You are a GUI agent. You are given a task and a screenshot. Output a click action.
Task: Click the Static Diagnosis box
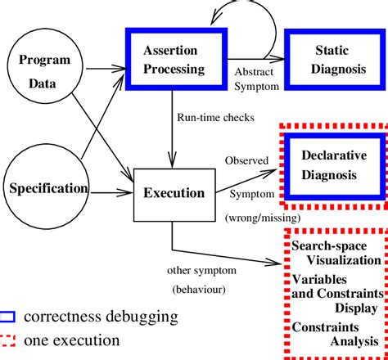329,58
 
